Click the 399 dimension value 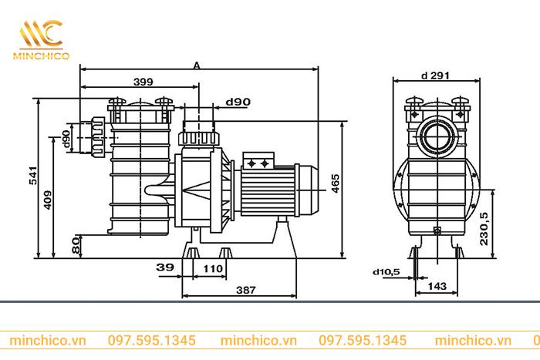click(x=142, y=81)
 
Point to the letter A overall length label click(x=197, y=67)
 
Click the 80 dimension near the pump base click(x=76, y=245)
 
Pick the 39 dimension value click(x=164, y=267)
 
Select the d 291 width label click(x=436, y=76)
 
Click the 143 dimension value click(x=436, y=287)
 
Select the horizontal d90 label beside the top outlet click(x=238, y=102)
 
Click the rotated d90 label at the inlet click(x=67, y=140)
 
